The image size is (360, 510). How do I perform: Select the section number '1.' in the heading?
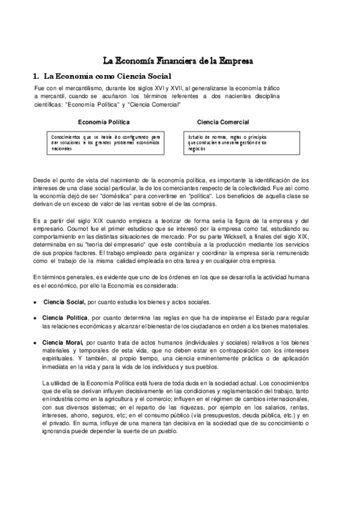[x=36, y=76]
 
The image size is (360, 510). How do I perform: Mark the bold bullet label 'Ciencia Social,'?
[x=66, y=301]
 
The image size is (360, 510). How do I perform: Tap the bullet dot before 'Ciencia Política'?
[x=37, y=318]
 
